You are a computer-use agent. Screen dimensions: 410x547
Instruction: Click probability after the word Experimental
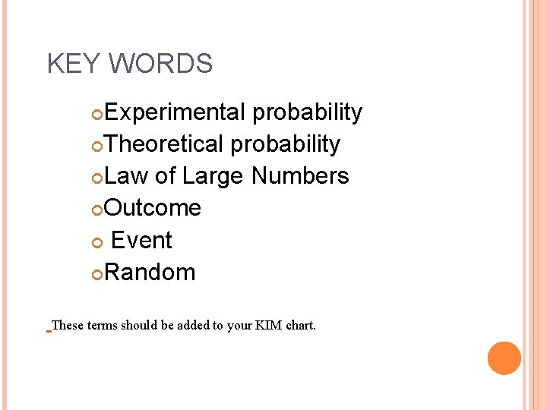[x=308, y=112]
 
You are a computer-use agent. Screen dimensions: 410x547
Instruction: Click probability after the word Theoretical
[x=286, y=144]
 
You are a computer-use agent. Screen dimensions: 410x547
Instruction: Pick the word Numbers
[x=300, y=176]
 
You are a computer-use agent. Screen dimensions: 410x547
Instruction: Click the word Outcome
[x=153, y=208]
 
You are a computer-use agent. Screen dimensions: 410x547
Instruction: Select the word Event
[x=141, y=241]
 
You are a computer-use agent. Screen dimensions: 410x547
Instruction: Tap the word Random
[x=150, y=273]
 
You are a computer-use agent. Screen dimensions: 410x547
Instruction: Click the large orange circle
[x=504, y=358]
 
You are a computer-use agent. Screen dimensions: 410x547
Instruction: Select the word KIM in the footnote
[x=267, y=326]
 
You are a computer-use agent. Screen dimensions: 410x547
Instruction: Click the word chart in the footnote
[x=300, y=326]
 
